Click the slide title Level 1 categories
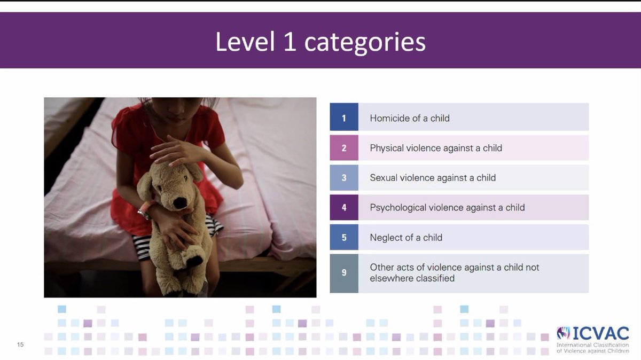pyautogui.click(x=320, y=42)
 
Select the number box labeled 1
pyautogui.click(x=343, y=118)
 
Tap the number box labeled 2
pyautogui.click(x=343, y=148)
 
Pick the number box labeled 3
pyautogui.click(x=343, y=178)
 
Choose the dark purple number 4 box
pyautogui.click(x=343, y=208)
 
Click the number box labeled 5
pyautogui.click(x=343, y=238)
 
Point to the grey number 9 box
pyautogui.click(x=343, y=273)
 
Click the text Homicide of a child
pyautogui.click(x=409, y=118)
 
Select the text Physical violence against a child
pyautogui.click(x=435, y=148)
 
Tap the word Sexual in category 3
pyautogui.click(x=384, y=178)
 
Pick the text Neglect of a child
pyautogui.click(x=405, y=238)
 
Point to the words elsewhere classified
pyautogui.click(x=412, y=278)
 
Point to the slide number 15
pyautogui.click(x=20, y=345)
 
